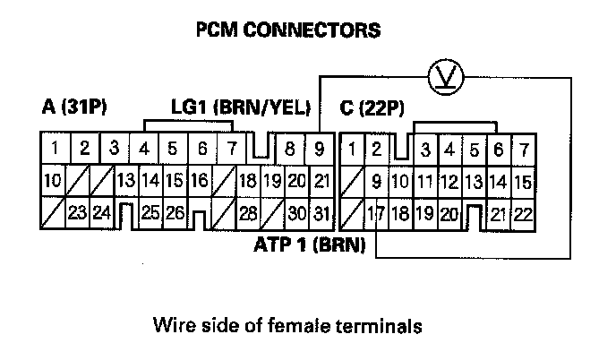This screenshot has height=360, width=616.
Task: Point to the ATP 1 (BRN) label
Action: coord(308,244)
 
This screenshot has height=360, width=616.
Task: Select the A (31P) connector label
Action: coord(74,108)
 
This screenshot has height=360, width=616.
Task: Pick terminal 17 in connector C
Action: coord(377,213)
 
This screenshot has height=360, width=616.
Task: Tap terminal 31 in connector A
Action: coord(322,213)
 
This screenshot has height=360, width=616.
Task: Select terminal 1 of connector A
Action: coord(55,148)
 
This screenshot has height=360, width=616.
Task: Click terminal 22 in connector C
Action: coord(523,213)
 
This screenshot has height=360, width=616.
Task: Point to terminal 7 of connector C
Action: coord(523,148)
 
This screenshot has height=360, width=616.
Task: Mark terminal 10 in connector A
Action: coord(52,180)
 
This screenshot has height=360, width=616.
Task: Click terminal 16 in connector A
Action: coord(199,180)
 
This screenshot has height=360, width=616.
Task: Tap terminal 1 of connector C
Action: coord(354,148)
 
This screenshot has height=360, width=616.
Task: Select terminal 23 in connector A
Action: coord(77,213)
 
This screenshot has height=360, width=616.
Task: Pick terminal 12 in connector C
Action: coord(449,180)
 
